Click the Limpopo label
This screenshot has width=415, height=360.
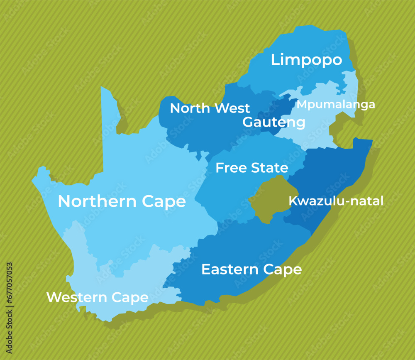pos(306,60)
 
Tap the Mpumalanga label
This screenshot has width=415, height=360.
pos(336,105)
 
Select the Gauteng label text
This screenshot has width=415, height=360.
pos(273,122)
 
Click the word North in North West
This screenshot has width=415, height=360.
pos(189,108)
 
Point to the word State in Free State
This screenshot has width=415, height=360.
pos(269,168)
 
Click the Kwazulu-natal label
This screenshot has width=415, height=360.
pos(336,201)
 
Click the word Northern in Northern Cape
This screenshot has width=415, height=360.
pos(97,201)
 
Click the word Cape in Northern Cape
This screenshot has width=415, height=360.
pos(164,201)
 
